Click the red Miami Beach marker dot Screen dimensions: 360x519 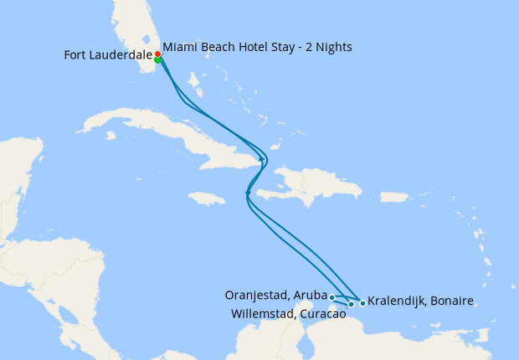pyautogui.click(x=157, y=54)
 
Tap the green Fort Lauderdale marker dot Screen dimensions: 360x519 pyautogui.click(x=157, y=60)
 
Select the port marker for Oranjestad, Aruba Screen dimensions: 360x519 pyautogui.click(x=332, y=297)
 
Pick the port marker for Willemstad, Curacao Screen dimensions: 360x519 pyautogui.click(x=351, y=304)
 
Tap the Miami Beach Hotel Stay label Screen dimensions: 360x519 pyautogui.click(x=257, y=47)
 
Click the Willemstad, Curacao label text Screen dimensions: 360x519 pyautogui.click(x=288, y=314)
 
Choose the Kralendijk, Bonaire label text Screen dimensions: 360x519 pyautogui.click(x=421, y=301)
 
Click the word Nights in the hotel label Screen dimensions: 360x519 pyautogui.click(x=332, y=47)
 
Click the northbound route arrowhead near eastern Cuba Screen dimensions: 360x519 pyautogui.click(x=263, y=157)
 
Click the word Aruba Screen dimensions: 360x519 pyautogui.click(x=314, y=295)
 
